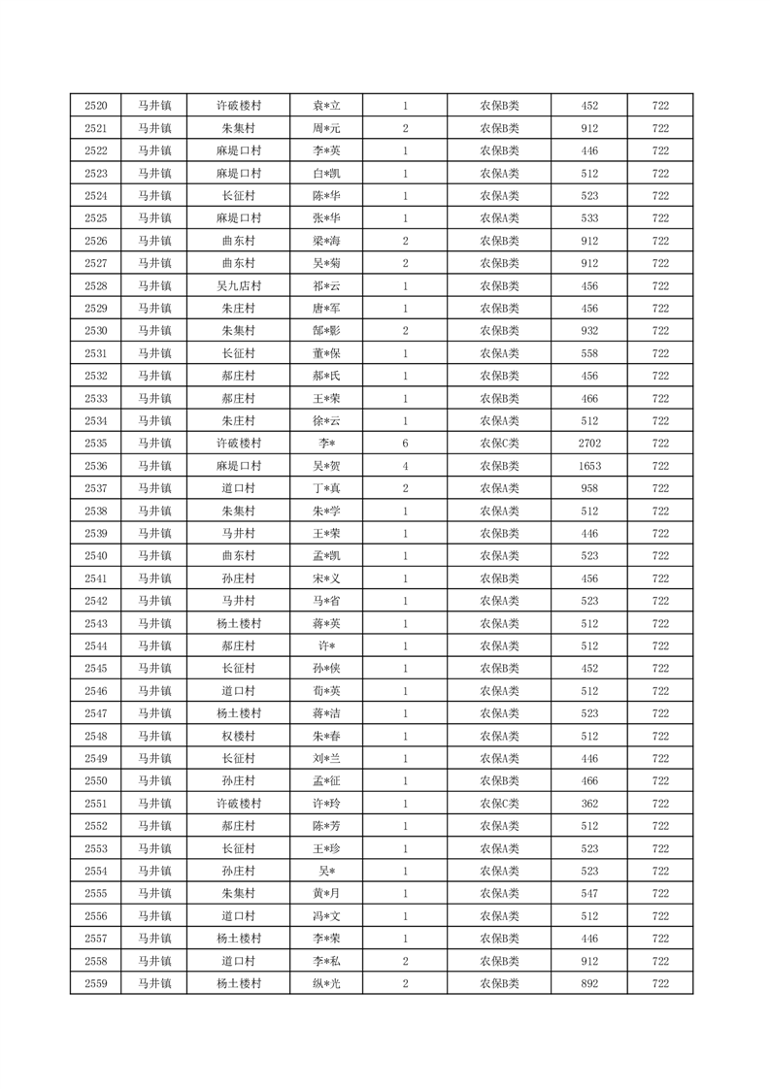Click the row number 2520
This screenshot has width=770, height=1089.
(96, 106)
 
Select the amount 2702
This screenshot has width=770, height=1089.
(589, 444)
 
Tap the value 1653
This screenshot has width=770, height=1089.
(589, 466)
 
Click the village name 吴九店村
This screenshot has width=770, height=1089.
(238, 286)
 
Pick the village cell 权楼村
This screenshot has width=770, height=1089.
(238, 736)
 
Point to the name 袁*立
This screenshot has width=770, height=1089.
(325, 106)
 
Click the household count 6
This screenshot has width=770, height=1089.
(405, 444)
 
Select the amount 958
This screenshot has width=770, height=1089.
(589, 488)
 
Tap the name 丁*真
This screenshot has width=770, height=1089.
(325, 488)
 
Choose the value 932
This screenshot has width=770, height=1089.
(589, 331)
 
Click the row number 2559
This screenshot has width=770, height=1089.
(96, 983)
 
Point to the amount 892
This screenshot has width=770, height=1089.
(589, 983)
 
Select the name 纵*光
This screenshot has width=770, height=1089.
(325, 983)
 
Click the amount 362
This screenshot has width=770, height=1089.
(589, 804)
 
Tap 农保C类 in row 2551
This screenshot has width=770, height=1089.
(499, 804)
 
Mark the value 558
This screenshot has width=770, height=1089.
(589, 353)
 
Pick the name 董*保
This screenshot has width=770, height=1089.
(325, 353)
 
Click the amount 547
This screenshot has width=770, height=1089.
(589, 893)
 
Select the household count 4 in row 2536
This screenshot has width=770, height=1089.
(405, 466)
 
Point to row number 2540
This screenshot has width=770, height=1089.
(96, 556)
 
